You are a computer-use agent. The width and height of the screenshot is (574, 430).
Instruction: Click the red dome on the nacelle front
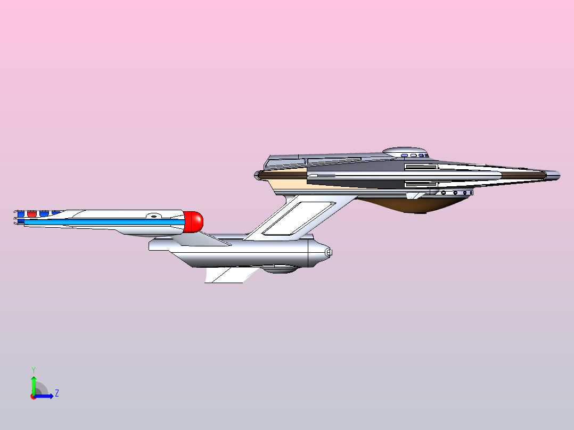tap(193, 222)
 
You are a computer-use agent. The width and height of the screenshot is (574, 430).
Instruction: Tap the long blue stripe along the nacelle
tap(104, 222)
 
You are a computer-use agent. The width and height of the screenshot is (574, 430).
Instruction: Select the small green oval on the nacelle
tap(154, 217)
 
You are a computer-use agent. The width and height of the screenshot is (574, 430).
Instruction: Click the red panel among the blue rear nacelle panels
tap(32, 214)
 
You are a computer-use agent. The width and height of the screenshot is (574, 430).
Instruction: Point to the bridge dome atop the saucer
tap(405, 152)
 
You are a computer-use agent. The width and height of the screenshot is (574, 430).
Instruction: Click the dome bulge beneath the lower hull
tap(280, 269)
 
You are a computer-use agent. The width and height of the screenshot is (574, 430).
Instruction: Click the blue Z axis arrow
tap(44, 395)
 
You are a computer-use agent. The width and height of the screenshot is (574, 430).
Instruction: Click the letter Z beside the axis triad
tap(57, 393)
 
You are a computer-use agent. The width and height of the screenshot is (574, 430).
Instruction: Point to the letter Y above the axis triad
tap(34, 370)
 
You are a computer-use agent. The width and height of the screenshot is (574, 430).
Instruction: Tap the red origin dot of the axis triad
tap(34, 396)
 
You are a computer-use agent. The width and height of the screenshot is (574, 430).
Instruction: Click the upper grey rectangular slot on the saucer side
tap(421, 167)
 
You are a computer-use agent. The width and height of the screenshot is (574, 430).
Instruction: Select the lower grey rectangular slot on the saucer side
tap(421, 185)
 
